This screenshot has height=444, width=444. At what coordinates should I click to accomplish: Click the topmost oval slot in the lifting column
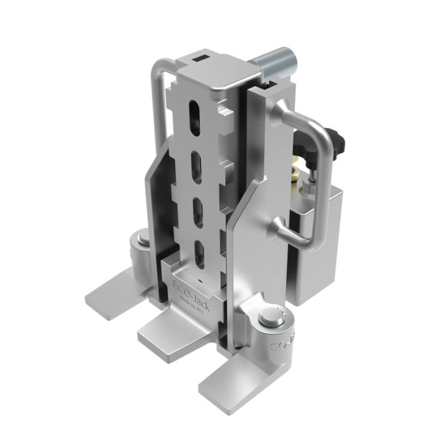(192, 120)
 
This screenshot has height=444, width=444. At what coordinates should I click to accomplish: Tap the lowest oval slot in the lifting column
(199, 254)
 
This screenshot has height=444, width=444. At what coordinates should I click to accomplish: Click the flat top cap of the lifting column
(216, 76)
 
